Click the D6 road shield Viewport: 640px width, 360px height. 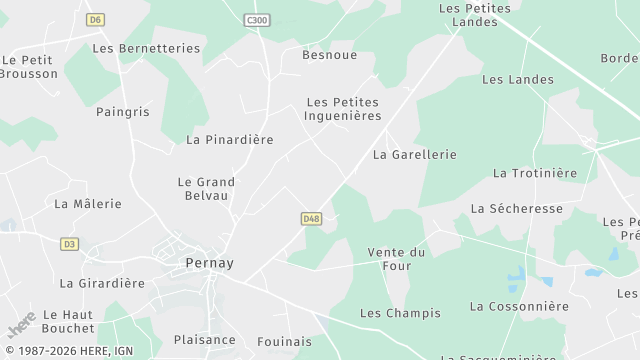pyautogui.click(x=95, y=19)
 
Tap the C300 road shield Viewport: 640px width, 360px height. pyautogui.click(x=257, y=19)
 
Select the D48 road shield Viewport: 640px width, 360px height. pyautogui.click(x=311, y=218)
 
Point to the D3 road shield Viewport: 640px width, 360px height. pyautogui.click(x=69, y=243)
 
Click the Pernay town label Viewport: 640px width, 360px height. pyautogui.click(x=210, y=263)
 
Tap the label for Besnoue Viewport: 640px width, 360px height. pyautogui.click(x=330, y=55)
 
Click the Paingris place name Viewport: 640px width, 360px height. pyautogui.click(x=122, y=112)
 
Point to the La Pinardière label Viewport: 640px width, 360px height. pyautogui.click(x=229, y=140)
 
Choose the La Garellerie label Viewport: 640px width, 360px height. pyautogui.click(x=414, y=155)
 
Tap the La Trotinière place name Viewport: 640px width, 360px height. pyautogui.click(x=535, y=173)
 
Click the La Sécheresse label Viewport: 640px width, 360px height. pyautogui.click(x=516, y=209)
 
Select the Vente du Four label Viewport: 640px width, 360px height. pyautogui.click(x=396, y=259)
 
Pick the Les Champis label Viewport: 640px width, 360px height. pyautogui.click(x=400, y=313)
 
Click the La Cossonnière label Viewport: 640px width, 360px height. pyautogui.click(x=519, y=306)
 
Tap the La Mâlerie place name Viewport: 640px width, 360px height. pyautogui.click(x=88, y=204)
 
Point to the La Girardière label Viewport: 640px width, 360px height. pyautogui.click(x=102, y=283)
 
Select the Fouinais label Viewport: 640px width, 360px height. pyautogui.click(x=284, y=341)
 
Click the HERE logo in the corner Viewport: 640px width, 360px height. pyautogui.click(x=21, y=324)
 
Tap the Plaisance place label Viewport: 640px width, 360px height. pyautogui.click(x=205, y=340)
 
